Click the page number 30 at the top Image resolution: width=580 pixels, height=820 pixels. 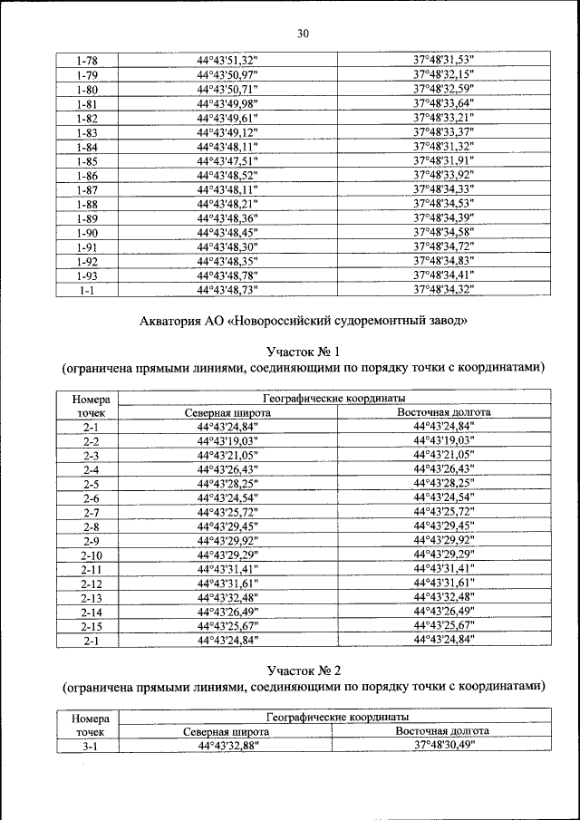click(303, 34)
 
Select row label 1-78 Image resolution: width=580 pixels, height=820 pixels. click(88, 61)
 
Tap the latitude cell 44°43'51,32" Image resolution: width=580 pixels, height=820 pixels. click(227, 61)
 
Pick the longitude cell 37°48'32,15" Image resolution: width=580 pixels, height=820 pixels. click(444, 75)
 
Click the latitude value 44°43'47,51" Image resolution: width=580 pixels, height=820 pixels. click(227, 160)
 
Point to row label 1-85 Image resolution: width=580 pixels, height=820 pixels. click(88, 160)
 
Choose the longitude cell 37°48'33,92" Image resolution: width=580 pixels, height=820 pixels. click(444, 175)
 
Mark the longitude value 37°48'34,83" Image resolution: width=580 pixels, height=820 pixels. click(444, 261)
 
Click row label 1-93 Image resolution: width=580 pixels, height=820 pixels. click(88, 275)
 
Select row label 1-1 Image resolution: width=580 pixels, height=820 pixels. click(88, 290)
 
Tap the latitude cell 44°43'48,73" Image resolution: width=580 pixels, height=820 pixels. click(227, 290)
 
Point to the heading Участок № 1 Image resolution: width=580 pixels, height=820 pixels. click(303, 352)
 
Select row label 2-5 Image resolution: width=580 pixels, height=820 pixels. click(91, 485)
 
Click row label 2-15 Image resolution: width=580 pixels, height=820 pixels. click(91, 626)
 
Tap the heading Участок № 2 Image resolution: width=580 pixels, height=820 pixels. click(303, 670)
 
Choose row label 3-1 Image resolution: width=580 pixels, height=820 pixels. click(91, 746)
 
